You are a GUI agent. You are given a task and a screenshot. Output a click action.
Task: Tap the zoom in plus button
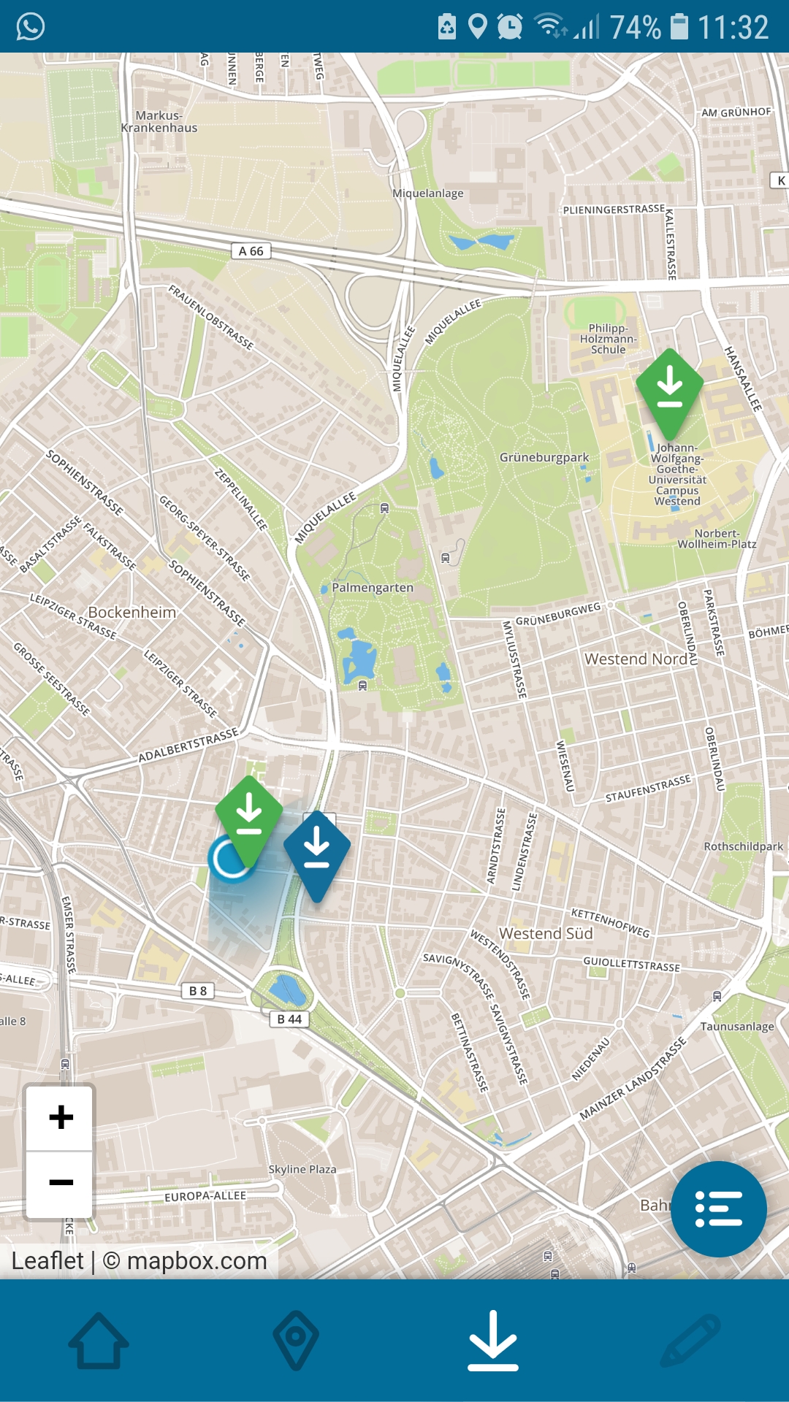pos(61,1117)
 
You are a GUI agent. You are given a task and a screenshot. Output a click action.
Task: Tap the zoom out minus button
pos(61,1182)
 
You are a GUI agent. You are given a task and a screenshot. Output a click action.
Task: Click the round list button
pos(719,1209)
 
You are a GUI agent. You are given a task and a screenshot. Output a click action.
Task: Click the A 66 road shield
pos(251,251)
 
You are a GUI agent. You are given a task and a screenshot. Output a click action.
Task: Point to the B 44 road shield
pos(290,1019)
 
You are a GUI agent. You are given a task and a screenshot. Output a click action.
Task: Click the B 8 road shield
pos(198,991)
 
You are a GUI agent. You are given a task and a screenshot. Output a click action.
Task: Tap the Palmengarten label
pos(372,588)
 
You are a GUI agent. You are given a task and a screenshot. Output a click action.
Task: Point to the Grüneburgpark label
pos(544,458)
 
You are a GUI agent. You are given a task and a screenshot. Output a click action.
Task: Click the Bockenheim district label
pos(132,613)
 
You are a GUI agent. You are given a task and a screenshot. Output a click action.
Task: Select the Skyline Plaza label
pos(302,1169)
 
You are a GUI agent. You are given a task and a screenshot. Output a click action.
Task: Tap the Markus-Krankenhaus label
pos(159,121)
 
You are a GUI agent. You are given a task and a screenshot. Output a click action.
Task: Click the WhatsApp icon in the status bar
pos(31,27)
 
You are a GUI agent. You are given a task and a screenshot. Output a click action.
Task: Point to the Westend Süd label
pos(546,934)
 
